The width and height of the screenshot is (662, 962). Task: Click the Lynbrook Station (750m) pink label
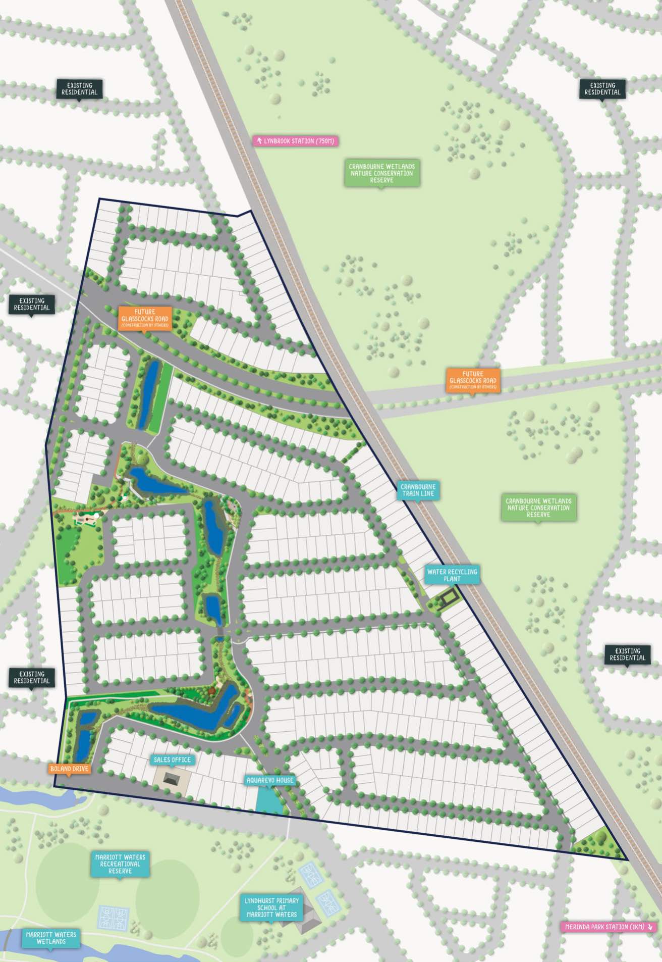coord(295,141)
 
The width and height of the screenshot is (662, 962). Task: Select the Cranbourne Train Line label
coord(418,490)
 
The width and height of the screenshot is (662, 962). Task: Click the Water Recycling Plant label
coord(452,575)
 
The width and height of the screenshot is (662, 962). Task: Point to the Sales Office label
coord(172,760)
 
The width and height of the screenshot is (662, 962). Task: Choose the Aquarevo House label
coord(270,780)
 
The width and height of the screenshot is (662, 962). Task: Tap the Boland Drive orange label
coord(70,769)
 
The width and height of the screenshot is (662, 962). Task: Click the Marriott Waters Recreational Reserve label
coord(120,864)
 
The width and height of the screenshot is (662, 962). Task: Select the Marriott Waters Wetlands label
coord(51,938)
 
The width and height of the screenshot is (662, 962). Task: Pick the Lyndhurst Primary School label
coord(271,907)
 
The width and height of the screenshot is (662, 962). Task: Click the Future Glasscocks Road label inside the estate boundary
coord(145,318)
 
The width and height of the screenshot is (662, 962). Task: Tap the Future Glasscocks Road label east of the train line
coord(473,380)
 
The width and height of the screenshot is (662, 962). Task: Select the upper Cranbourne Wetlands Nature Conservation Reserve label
coord(382,173)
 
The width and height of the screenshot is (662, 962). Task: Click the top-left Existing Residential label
coord(80,89)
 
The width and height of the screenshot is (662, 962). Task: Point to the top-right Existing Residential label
coord(602,89)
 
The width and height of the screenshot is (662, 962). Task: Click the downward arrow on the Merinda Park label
coord(650,927)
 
